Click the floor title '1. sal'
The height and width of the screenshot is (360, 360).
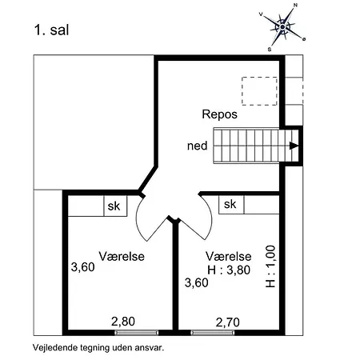tap(52, 30)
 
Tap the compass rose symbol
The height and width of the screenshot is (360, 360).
tap(282, 27)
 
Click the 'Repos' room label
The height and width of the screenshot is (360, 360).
tap(219, 114)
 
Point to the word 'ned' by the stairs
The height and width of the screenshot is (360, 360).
tap(197, 146)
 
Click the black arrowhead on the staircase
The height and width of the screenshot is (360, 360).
tap(294, 146)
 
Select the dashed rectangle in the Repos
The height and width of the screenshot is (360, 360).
tap(259, 91)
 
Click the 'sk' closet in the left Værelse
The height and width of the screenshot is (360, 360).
tap(115, 206)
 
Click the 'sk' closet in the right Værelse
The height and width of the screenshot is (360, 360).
tap(231, 205)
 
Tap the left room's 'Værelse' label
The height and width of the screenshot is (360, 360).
tap(122, 256)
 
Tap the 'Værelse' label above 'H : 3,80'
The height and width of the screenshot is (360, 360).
tap(229, 256)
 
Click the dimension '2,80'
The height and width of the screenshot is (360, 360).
tap(123, 322)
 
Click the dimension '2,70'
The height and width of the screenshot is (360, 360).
tap(227, 322)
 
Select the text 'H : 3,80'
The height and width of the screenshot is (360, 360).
tap(229, 270)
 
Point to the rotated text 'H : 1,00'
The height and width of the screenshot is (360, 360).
tap(270, 266)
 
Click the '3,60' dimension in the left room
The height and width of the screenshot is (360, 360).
tap(82, 267)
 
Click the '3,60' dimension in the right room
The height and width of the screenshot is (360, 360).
tap(197, 283)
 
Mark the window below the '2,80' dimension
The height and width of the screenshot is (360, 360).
tap(137, 333)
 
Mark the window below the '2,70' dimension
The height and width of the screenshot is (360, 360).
tap(213, 333)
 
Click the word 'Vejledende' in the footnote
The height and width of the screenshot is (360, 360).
tap(51, 348)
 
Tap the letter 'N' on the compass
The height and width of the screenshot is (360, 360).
tap(295, 5)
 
